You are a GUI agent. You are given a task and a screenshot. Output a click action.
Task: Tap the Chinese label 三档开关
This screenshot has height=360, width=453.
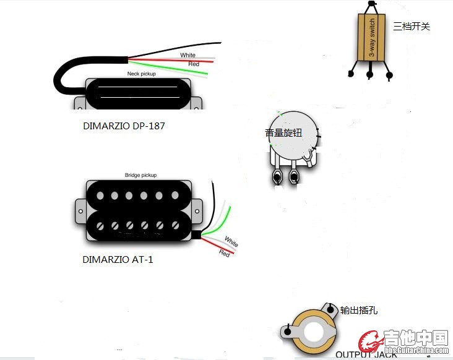click(411, 27)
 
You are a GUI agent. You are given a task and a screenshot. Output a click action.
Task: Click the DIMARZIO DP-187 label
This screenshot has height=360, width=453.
click(124, 126)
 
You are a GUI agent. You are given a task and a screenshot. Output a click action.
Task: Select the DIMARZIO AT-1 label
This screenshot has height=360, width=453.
click(118, 260)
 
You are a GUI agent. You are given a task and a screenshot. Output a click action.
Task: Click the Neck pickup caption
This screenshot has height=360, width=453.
click(141, 74)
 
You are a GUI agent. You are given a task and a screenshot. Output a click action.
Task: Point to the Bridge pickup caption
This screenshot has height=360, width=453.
click(140, 175)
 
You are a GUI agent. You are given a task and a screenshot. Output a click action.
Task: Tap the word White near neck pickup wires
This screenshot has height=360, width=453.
click(188, 56)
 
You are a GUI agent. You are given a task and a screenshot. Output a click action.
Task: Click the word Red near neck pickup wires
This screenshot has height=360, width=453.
click(194, 64)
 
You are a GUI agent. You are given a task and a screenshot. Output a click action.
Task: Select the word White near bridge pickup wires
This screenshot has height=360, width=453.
click(231, 241)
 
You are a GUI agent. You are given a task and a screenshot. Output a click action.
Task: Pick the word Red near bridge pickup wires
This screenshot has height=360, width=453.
click(225, 252)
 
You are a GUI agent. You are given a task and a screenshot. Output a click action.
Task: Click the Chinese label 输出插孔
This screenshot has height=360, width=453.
click(360, 310)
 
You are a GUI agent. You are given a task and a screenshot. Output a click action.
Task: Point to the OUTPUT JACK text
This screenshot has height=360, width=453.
click(366, 354)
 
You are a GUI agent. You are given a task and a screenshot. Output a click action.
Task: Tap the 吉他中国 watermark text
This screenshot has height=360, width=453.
click(415, 338)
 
